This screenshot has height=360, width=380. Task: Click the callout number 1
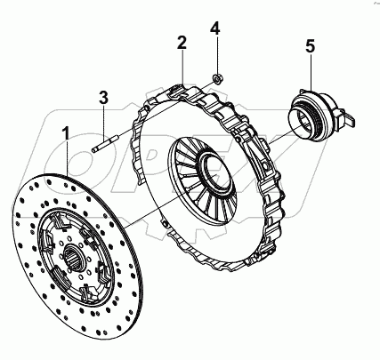click(x=68, y=133)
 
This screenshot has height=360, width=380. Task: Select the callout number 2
click(x=182, y=43)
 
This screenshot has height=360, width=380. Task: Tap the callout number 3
click(x=103, y=98)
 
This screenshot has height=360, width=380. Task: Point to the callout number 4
click(x=215, y=28)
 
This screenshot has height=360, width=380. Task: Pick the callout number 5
click(x=310, y=46)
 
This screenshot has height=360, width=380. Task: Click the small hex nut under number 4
click(x=219, y=78)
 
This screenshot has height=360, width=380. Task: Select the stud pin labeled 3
click(x=105, y=144)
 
